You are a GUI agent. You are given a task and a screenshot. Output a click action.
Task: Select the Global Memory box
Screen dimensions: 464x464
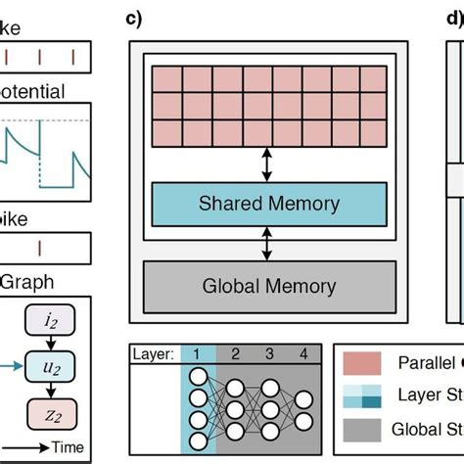coord(268,287)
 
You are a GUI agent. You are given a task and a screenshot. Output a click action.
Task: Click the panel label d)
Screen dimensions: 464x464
coord(453,19)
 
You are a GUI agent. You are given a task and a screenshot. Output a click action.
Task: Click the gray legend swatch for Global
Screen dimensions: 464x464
coord(363,429)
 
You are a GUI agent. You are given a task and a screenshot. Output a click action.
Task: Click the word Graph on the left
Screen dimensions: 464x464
coord(29,282)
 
